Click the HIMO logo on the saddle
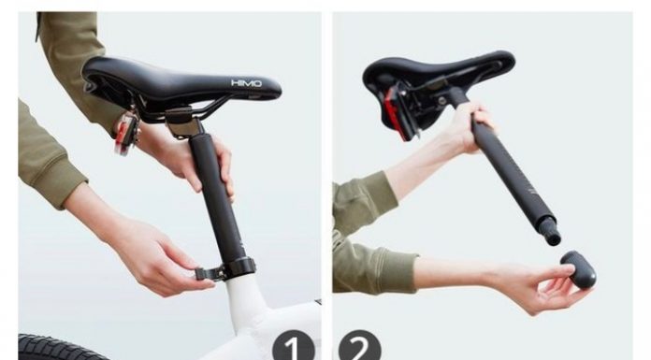point(246,83)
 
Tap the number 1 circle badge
point(293,345)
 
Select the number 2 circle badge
point(359,345)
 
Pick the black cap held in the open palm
point(578,269)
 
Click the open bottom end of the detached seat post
point(553,239)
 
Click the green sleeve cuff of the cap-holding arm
point(397,270)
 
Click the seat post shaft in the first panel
point(216,195)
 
